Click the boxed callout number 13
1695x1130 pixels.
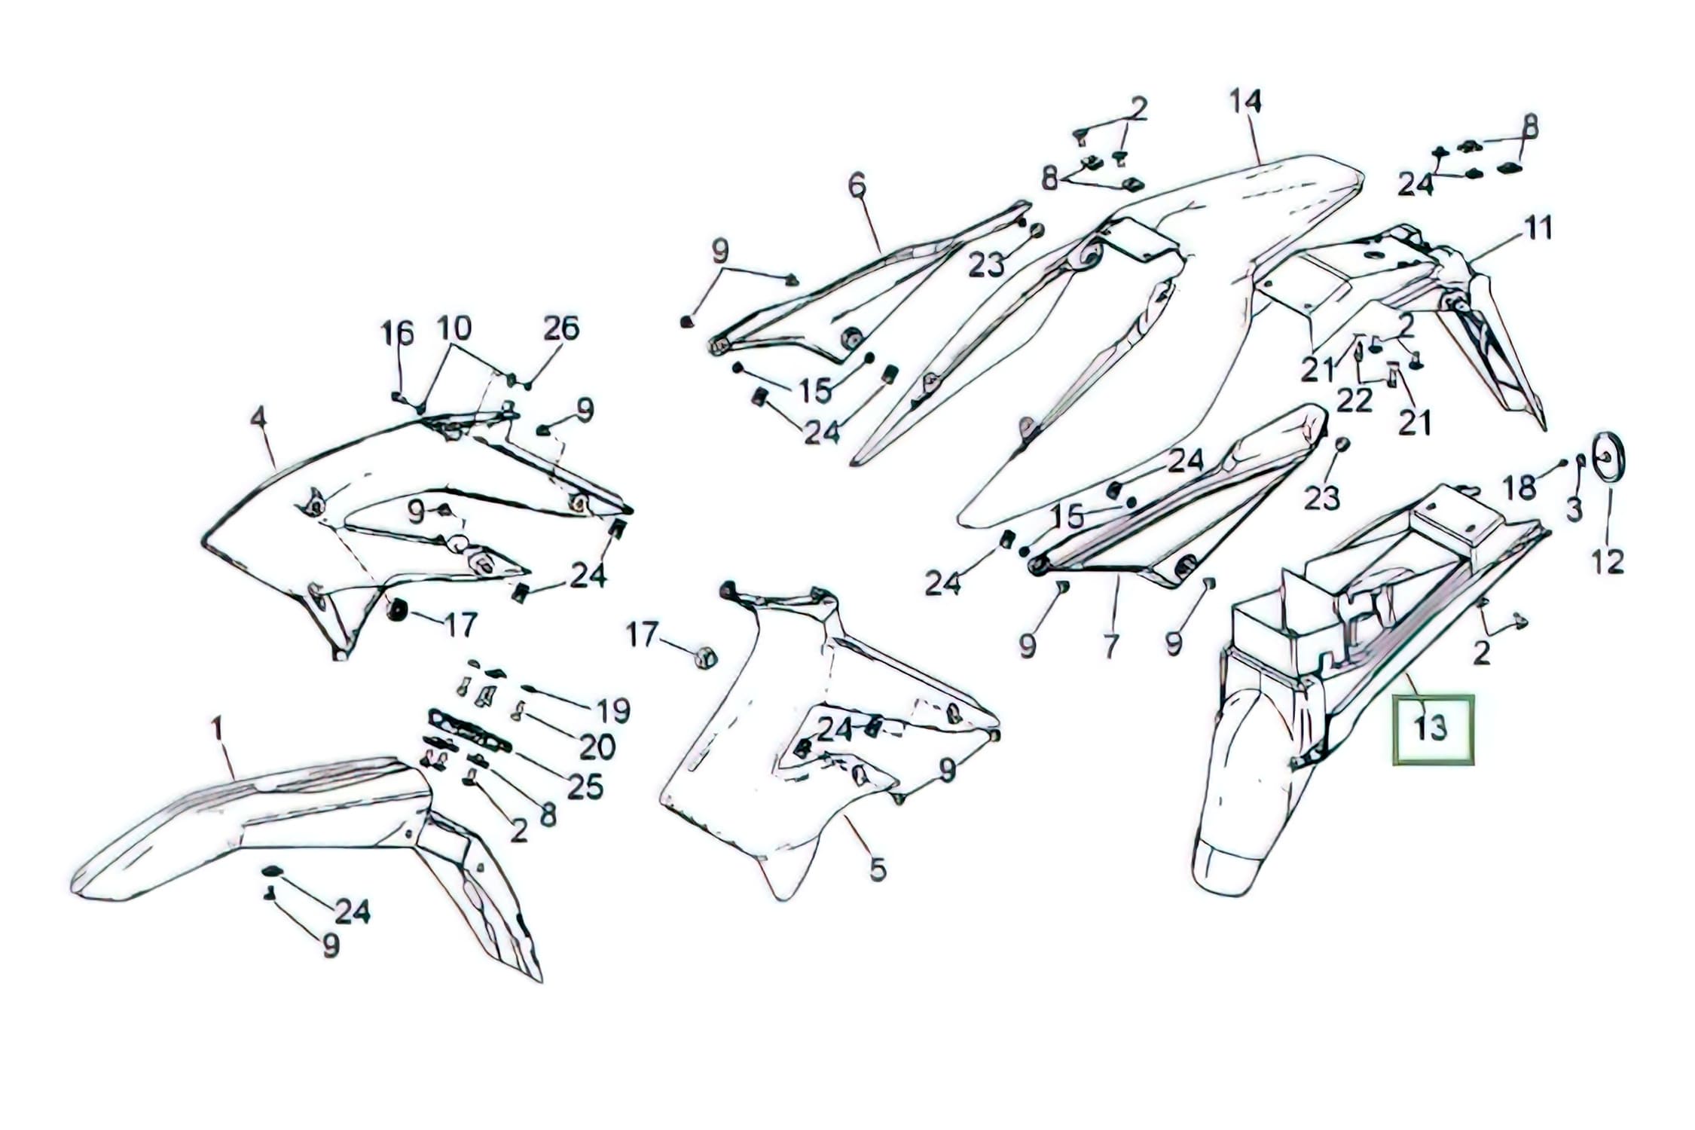[1432, 729]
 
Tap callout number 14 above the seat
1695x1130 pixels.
[1245, 101]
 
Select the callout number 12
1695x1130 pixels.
[1608, 561]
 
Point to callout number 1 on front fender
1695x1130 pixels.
[217, 728]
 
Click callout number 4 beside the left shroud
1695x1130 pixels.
[258, 417]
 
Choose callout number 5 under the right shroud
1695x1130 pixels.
[878, 869]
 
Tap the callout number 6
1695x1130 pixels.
[857, 185]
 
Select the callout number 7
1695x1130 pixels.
[1110, 646]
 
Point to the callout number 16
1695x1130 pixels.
[397, 332]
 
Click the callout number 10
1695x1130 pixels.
[454, 328]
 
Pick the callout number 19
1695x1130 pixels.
[613, 710]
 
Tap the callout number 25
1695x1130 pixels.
[585, 787]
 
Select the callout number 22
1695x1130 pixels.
[1354, 401]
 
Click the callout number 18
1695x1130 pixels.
[1519, 488]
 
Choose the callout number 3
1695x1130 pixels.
[1574, 510]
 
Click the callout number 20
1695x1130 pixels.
[597, 747]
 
